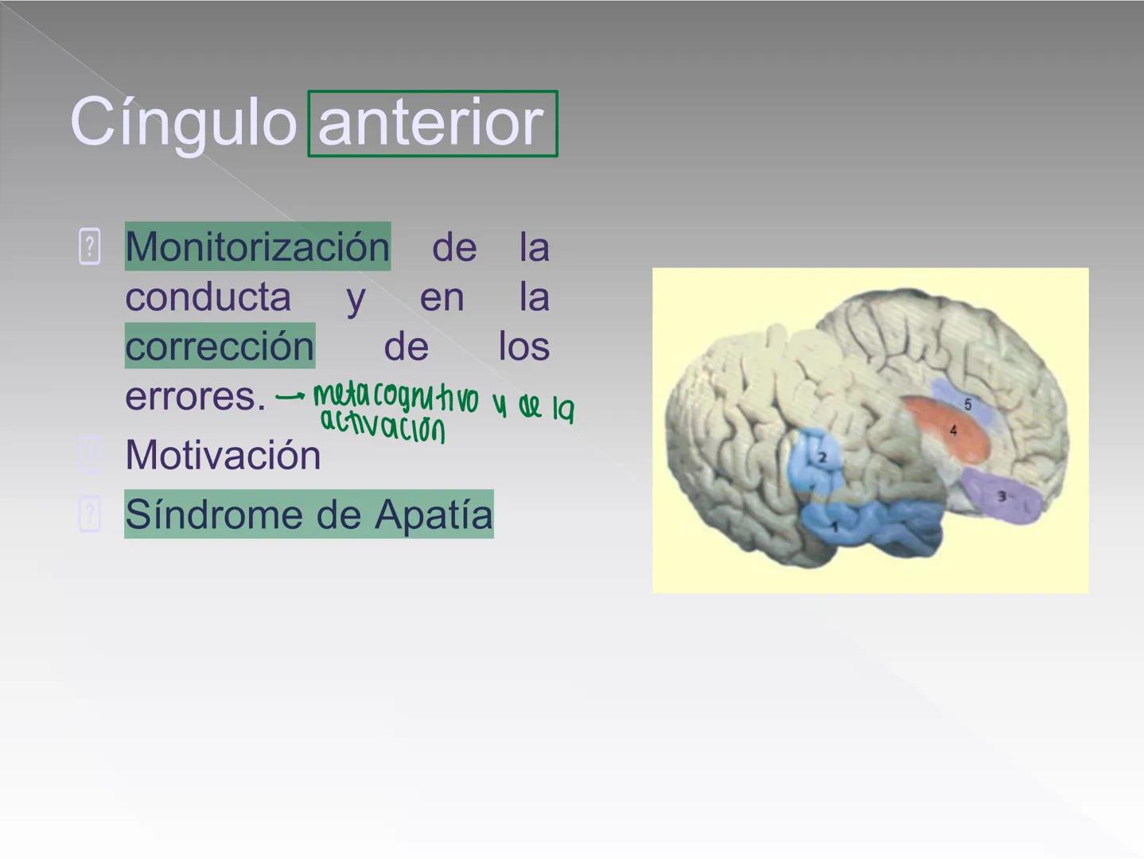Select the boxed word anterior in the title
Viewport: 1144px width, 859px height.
point(431,123)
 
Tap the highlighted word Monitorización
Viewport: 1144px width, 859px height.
point(257,247)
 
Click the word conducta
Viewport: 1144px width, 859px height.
point(208,297)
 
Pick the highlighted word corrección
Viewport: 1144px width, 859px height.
point(220,346)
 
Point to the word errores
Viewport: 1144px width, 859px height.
point(194,395)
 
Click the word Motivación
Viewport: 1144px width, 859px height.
point(223,455)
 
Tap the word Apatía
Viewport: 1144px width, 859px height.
point(434,514)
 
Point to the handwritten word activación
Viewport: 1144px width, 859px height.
point(382,427)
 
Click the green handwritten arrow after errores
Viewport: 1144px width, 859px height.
point(290,395)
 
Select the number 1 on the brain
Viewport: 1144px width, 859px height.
point(835,527)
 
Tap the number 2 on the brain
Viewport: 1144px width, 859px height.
point(823,457)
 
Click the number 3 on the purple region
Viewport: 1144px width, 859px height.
point(1002,496)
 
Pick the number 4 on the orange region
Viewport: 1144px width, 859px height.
point(953,430)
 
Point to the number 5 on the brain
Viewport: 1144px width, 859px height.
point(967,404)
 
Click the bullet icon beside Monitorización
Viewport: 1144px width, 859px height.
point(90,247)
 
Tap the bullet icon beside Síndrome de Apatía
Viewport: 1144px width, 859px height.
point(90,514)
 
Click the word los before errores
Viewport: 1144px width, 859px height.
point(523,346)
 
